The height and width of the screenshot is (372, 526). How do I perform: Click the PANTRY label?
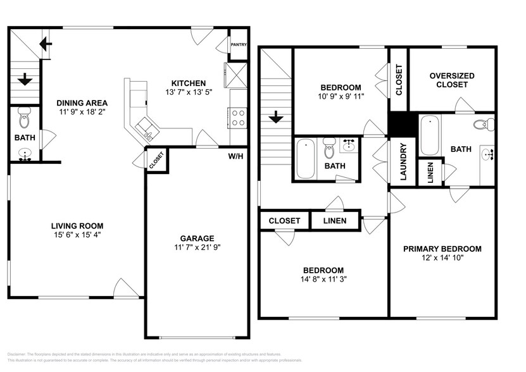coord(239,45)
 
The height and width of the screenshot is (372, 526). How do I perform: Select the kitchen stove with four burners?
coord(239,119)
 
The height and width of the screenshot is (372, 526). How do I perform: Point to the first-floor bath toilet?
coord(25,118)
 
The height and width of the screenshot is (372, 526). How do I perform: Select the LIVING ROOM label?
coord(77,226)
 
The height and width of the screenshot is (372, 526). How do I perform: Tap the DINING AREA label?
coord(82,103)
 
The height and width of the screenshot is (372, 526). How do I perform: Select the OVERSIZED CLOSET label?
coord(452,80)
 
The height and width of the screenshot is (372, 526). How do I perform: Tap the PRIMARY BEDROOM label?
coord(442,249)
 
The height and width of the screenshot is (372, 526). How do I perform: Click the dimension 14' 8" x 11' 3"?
coord(323,278)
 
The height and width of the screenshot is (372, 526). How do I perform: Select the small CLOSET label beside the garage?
coord(156,161)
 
